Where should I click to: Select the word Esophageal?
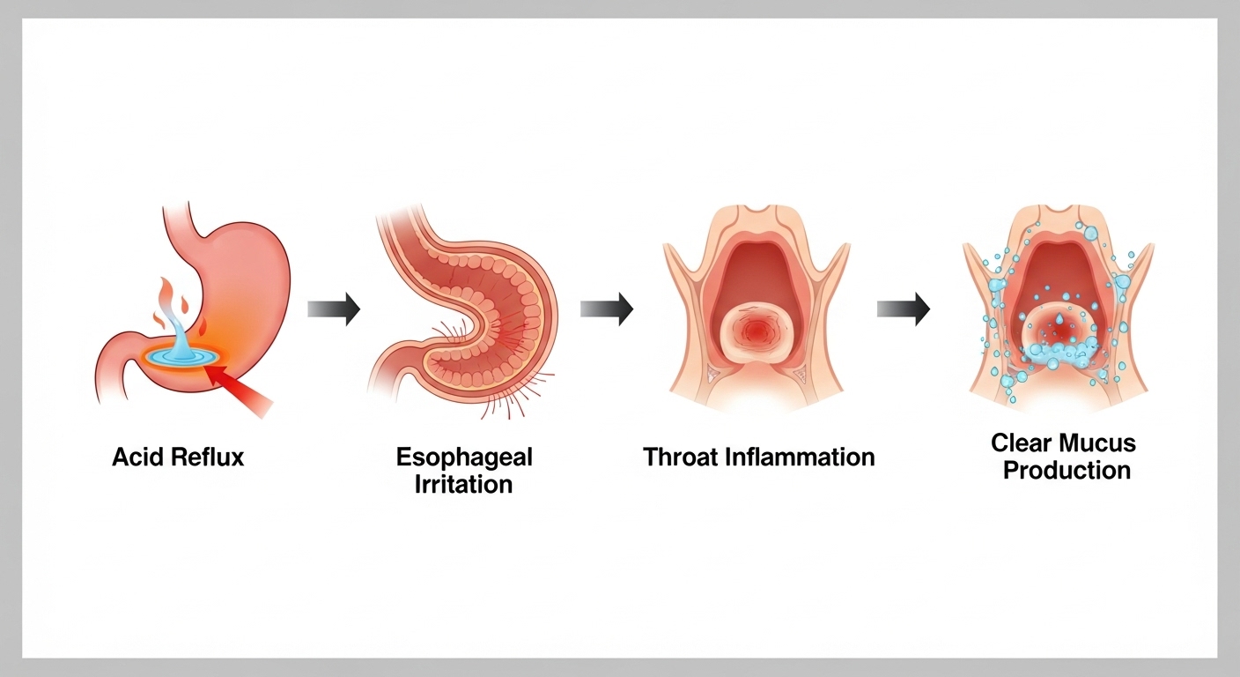click(464, 458)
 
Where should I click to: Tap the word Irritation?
click(464, 484)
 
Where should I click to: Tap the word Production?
click(1067, 470)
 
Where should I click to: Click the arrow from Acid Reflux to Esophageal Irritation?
click(334, 309)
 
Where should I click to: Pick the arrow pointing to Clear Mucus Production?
click(904, 309)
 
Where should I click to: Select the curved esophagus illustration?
click(467, 309)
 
